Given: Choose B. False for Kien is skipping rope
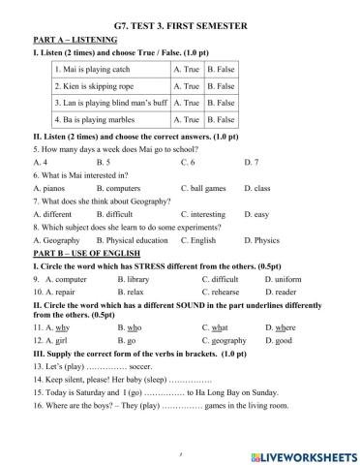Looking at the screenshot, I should (222, 86).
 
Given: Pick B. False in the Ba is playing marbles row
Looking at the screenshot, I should (222, 119).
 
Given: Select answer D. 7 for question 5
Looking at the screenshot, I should (252, 162).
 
